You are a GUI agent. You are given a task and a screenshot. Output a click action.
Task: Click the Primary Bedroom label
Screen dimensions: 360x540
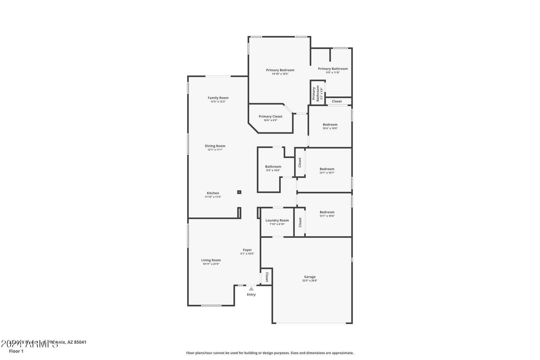[x=280, y=70]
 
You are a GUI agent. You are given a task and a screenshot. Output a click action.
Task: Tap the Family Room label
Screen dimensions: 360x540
[x=218, y=98]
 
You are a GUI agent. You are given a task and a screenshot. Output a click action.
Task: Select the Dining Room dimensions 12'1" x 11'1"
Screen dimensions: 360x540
[x=215, y=150]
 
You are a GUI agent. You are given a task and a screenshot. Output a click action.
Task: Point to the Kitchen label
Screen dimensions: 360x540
[x=213, y=193]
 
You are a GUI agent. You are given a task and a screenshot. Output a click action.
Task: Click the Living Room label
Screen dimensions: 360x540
[x=211, y=260]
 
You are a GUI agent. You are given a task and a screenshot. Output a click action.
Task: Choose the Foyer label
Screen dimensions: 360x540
[x=247, y=250]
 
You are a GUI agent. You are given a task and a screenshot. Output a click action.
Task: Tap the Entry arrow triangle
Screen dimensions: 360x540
[x=252, y=289]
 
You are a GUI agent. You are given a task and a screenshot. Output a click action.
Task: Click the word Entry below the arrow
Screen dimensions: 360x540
[x=251, y=295]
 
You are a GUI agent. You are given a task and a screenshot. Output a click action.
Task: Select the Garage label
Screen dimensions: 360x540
[x=310, y=277]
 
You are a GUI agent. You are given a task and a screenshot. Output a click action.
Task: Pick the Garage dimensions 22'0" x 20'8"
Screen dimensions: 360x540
[x=310, y=281]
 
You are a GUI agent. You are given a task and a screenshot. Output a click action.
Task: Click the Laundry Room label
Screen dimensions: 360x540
[x=277, y=221]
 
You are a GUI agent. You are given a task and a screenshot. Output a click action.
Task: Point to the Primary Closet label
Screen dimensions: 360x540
[x=271, y=117]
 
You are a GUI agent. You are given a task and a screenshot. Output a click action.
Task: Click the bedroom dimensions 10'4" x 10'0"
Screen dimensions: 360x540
[x=330, y=128]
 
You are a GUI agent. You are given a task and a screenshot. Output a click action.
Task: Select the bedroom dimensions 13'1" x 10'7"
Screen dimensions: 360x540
[x=327, y=173]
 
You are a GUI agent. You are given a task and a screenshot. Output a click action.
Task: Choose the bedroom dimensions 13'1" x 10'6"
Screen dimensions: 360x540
[x=327, y=216]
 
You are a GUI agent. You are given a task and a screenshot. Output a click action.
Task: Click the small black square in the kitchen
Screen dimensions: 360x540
[x=239, y=192]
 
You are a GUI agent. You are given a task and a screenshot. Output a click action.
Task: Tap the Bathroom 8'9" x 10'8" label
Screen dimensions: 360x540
[x=273, y=167]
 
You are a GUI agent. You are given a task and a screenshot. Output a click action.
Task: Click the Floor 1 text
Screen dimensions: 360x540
[x=16, y=351]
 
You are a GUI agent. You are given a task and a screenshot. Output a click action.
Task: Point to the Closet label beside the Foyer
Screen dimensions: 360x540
[x=267, y=277]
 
